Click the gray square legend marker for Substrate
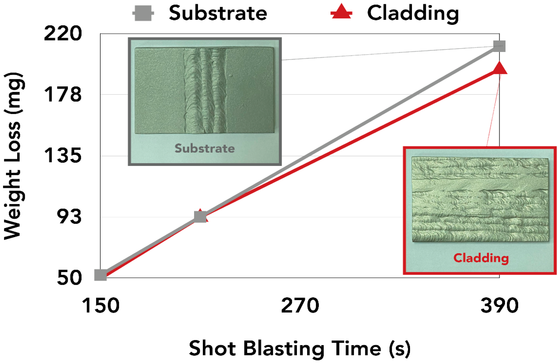point(143,13)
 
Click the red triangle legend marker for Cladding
point(341,12)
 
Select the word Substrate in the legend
point(218,13)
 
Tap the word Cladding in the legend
point(413,14)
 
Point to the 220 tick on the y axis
point(63,33)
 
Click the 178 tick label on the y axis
point(63,94)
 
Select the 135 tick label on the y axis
point(63,155)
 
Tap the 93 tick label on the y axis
point(69,217)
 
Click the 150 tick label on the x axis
point(101,305)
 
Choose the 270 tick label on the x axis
point(300,305)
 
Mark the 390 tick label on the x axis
point(500,305)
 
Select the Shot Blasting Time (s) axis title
point(299,348)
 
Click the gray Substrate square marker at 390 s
point(499,46)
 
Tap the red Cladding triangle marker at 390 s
point(499,69)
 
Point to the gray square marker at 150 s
point(101,275)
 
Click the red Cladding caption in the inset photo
point(481,258)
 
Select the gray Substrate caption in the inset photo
point(205,148)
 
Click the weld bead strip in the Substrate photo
point(205,90)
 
